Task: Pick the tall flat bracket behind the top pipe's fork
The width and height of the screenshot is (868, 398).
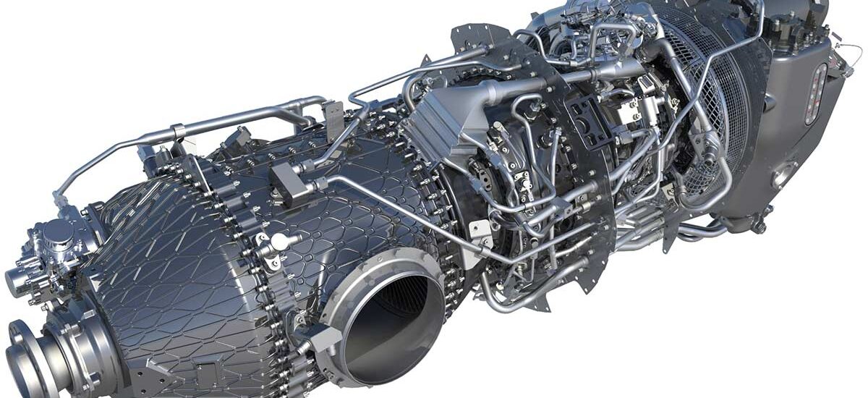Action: coord(333,116)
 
